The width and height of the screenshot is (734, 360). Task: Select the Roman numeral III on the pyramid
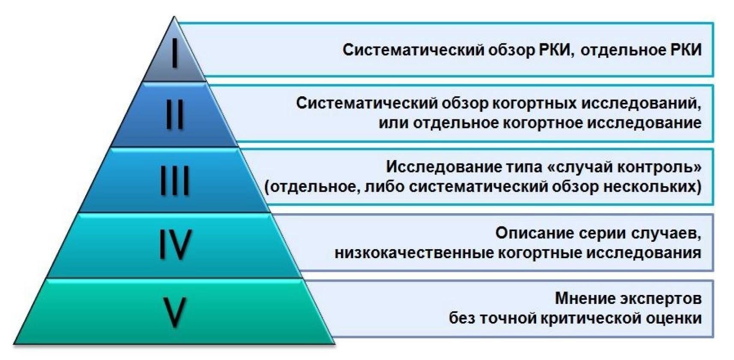175,180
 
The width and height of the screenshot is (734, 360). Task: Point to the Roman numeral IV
175,244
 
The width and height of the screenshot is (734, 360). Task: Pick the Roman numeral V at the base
175,312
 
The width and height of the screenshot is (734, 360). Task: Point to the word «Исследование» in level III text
444,167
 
